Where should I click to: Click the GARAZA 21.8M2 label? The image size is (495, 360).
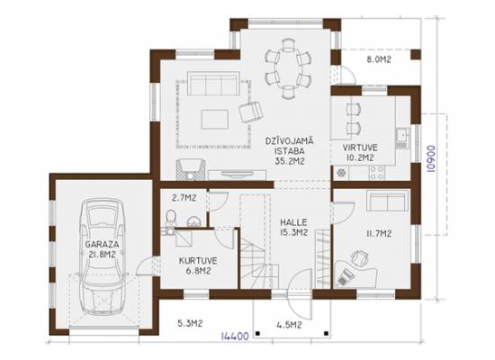pos(102,249)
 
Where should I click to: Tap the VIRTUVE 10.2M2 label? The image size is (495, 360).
pos(360,152)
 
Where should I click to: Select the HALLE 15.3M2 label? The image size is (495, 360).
pos(293,228)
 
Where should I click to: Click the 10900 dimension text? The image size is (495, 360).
pos(430,158)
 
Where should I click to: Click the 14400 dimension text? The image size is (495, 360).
pos(235,336)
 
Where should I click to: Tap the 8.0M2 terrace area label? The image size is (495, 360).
pos(379,59)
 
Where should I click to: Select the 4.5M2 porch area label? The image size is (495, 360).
pos(289,325)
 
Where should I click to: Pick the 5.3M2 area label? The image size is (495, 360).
pos(190,323)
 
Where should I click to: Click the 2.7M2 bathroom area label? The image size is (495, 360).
pos(184,198)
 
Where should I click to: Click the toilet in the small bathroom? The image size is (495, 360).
pos(170,218)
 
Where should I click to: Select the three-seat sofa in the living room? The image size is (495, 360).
pos(212,84)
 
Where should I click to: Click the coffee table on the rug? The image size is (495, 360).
pos(215,119)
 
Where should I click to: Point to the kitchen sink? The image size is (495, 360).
pos(402,136)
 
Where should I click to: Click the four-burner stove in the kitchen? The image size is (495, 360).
pos(377,173)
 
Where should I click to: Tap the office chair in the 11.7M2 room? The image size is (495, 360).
pos(360,257)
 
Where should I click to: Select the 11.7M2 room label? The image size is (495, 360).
pos(379,234)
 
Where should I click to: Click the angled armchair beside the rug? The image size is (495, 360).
pos(250,112)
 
